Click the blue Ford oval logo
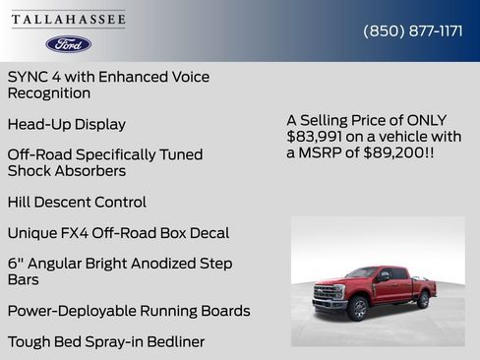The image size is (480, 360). pyautogui.click(x=69, y=44)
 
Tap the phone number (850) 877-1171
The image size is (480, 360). pyautogui.click(x=413, y=30)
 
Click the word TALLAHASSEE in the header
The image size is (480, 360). pyautogui.click(x=69, y=20)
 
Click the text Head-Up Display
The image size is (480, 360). pyautogui.click(x=66, y=124)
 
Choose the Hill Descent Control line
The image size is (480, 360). pyautogui.click(x=77, y=202)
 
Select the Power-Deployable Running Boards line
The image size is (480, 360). pyautogui.click(x=129, y=311)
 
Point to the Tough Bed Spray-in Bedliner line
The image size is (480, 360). pyautogui.click(x=106, y=342)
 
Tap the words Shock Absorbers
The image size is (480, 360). pyautogui.click(x=67, y=171)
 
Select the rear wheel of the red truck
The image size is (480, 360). pyautogui.click(x=423, y=298)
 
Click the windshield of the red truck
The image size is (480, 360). pyautogui.click(x=362, y=273)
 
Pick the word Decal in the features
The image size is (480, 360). pyautogui.click(x=209, y=233)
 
